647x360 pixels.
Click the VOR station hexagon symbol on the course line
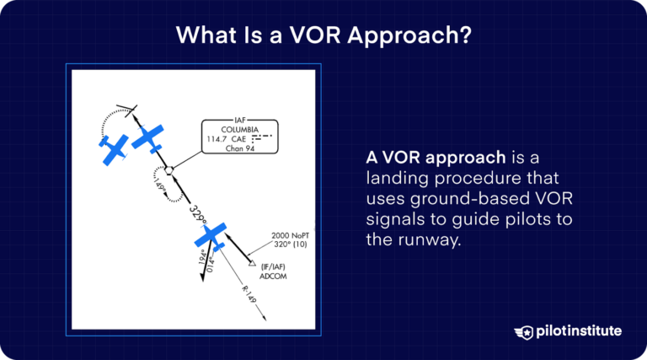pyautogui.click(x=168, y=169)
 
